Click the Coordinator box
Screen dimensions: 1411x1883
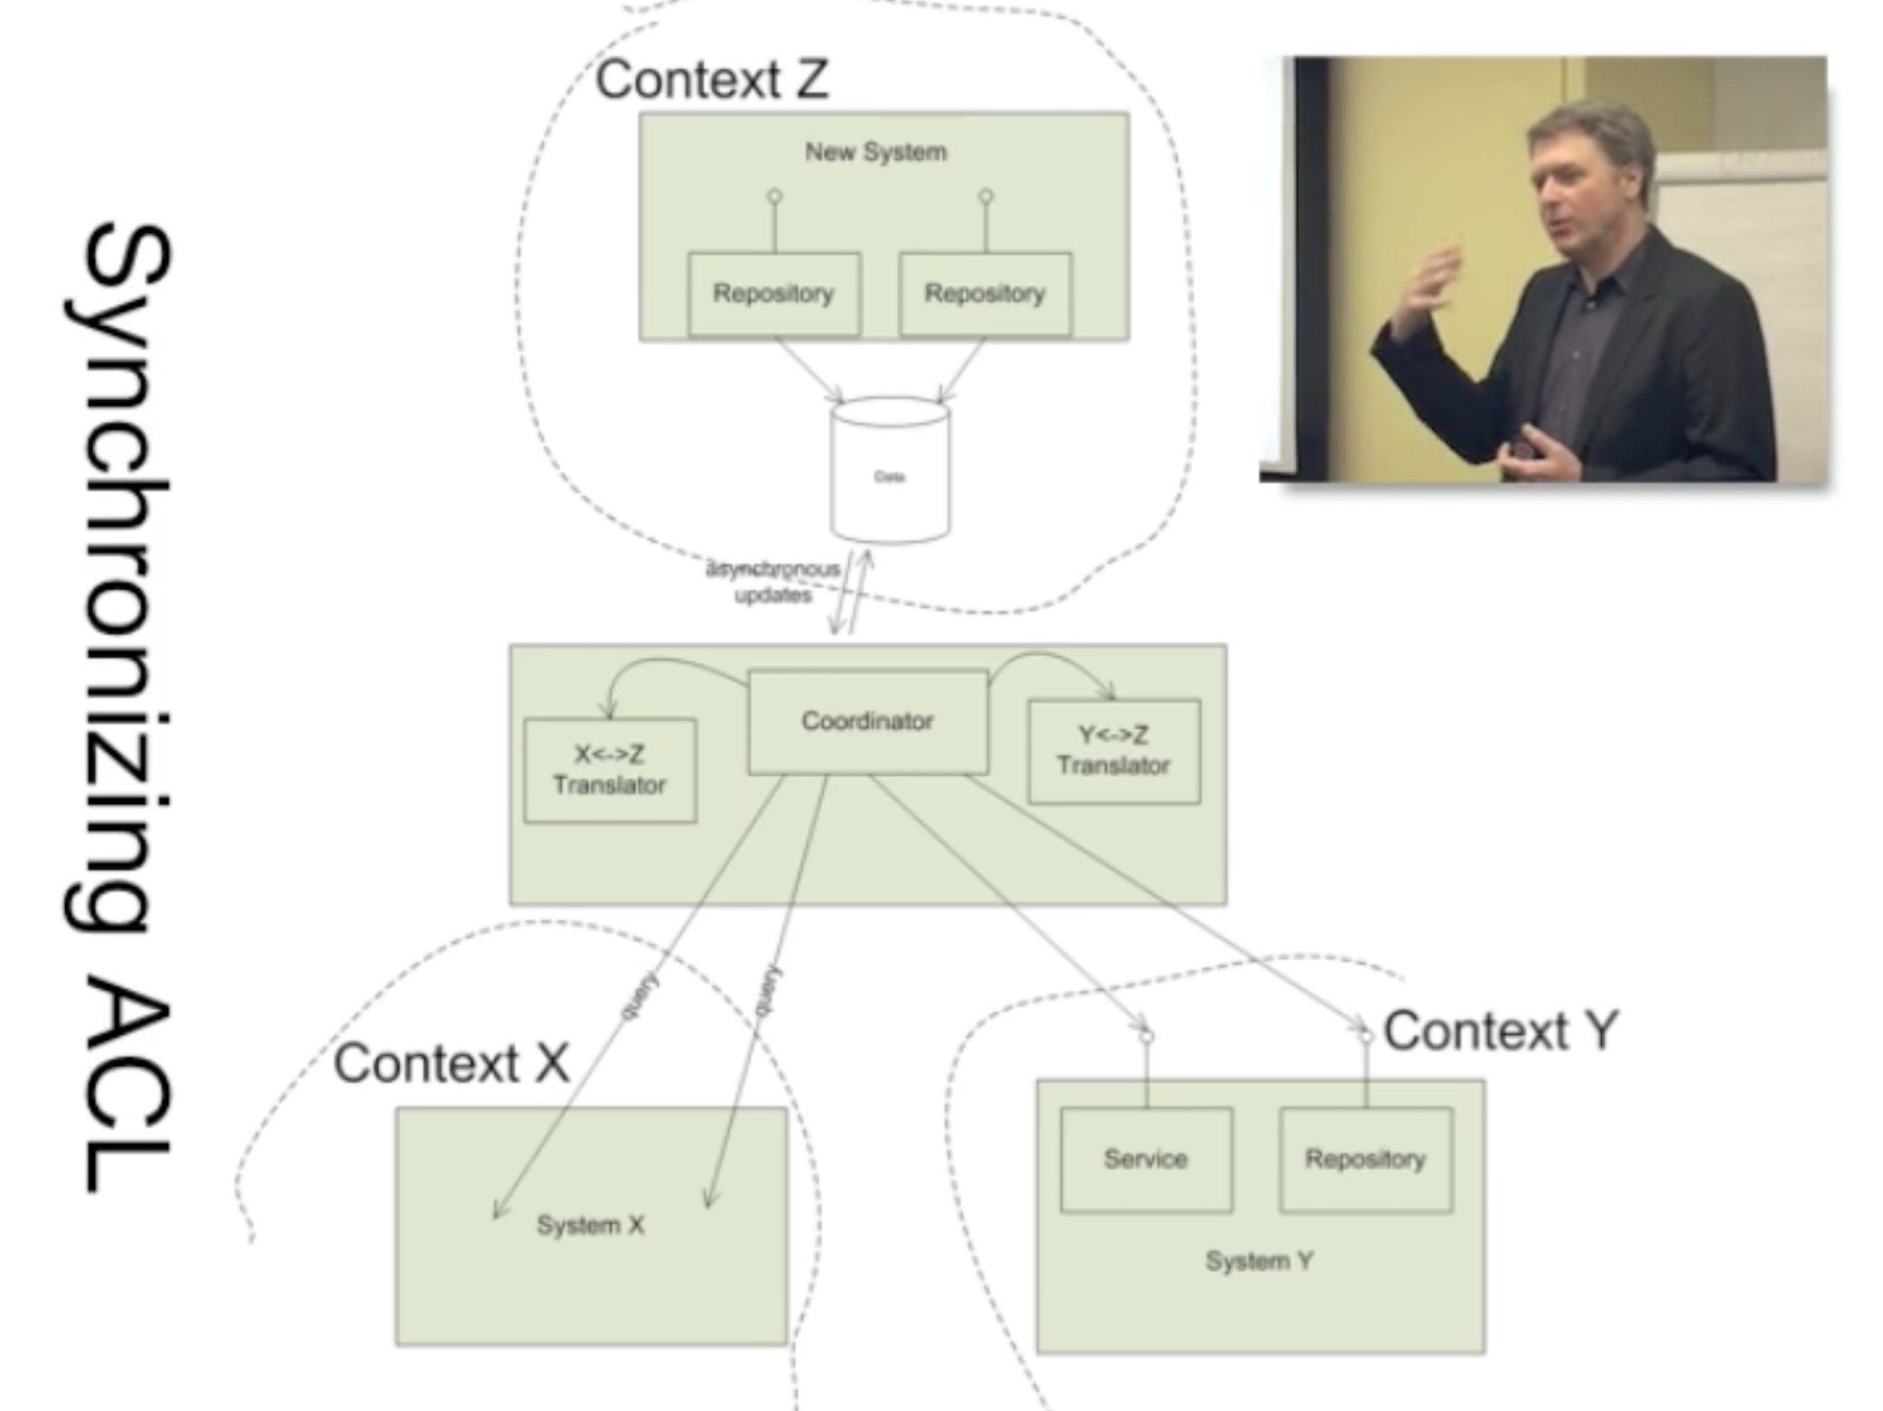click(x=867, y=722)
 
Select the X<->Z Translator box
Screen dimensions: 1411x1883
click(x=610, y=770)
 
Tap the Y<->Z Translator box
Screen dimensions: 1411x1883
click(x=1114, y=751)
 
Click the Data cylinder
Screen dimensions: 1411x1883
click(x=890, y=472)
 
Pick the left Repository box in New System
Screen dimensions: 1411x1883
click(x=773, y=294)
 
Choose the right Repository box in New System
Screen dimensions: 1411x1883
click(x=985, y=294)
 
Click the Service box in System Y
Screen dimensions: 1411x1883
click(x=1146, y=1159)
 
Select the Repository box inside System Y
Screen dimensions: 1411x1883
click(x=1365, y=1159)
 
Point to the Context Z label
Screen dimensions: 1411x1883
click(x=712, y=79)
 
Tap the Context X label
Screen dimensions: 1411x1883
click(x=452, y=1063)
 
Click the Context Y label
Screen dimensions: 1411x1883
click(x=1501, y=1031)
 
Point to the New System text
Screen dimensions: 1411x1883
click(x=876, y=152)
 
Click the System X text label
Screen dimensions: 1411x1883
click(x=591, y=1226)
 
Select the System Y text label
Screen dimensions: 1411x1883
click(x=1260, y=1261)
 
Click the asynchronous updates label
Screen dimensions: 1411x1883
click(x=773, y=582)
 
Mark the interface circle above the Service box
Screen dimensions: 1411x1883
click(x=1147, y=1036)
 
